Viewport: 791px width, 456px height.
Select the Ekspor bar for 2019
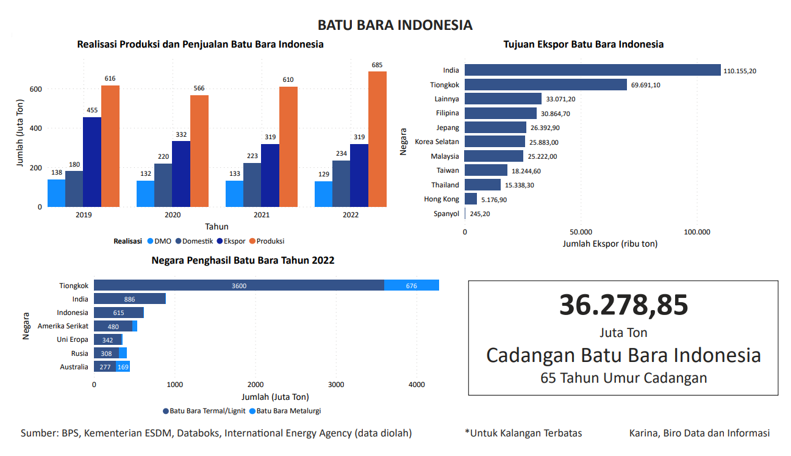pos(92,162)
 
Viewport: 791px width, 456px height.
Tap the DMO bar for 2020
pos(145,194)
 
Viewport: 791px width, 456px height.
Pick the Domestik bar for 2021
pos(252,184)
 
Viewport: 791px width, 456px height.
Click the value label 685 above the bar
pos(378,65)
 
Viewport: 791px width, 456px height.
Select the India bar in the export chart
pos(592,70)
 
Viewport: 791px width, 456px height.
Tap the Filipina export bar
pos(501,113)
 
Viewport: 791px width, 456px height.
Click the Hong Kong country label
pos(442,199)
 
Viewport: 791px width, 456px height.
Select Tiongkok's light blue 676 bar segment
pos(412,285)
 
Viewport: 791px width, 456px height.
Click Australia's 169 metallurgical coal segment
pos(123,367)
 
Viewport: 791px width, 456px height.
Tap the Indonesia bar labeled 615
pos(118,313)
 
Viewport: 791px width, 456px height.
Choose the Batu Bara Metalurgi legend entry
pos(285,411)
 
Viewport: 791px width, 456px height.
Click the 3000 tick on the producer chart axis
pos(336,385)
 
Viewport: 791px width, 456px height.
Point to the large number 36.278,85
pos(623,305)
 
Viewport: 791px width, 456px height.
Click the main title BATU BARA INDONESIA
pos(395,25)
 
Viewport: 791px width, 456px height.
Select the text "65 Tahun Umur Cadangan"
pos(623,378)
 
